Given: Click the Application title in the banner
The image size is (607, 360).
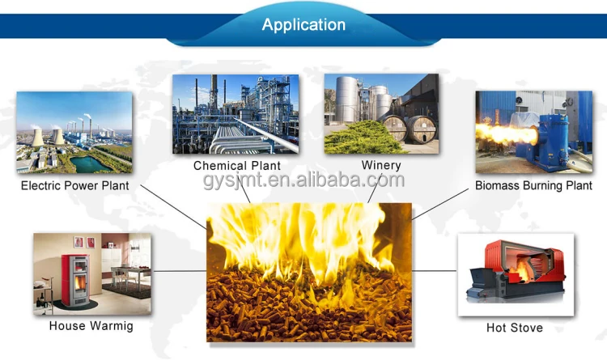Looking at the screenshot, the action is [x=303, y=24].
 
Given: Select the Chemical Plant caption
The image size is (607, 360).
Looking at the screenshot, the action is [x=236, y=166].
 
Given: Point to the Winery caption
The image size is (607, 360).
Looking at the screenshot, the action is [x=380, y=166].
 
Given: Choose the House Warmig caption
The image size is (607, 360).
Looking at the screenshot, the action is [x=91, y=326].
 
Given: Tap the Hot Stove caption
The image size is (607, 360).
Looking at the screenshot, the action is [x=515, y=328].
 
